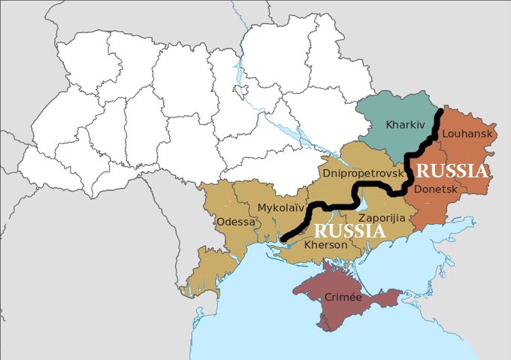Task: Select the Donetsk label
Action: tap(435, 189)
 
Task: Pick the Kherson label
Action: tap(325, 245)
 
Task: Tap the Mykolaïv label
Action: tap(281, 207)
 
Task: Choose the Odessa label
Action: tap(235, 222)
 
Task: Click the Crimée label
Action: tap(343, 298)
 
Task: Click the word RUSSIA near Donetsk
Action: tap(452, 171)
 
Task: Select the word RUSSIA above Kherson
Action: tap(348, 231)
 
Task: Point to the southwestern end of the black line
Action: tap(283, 240)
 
